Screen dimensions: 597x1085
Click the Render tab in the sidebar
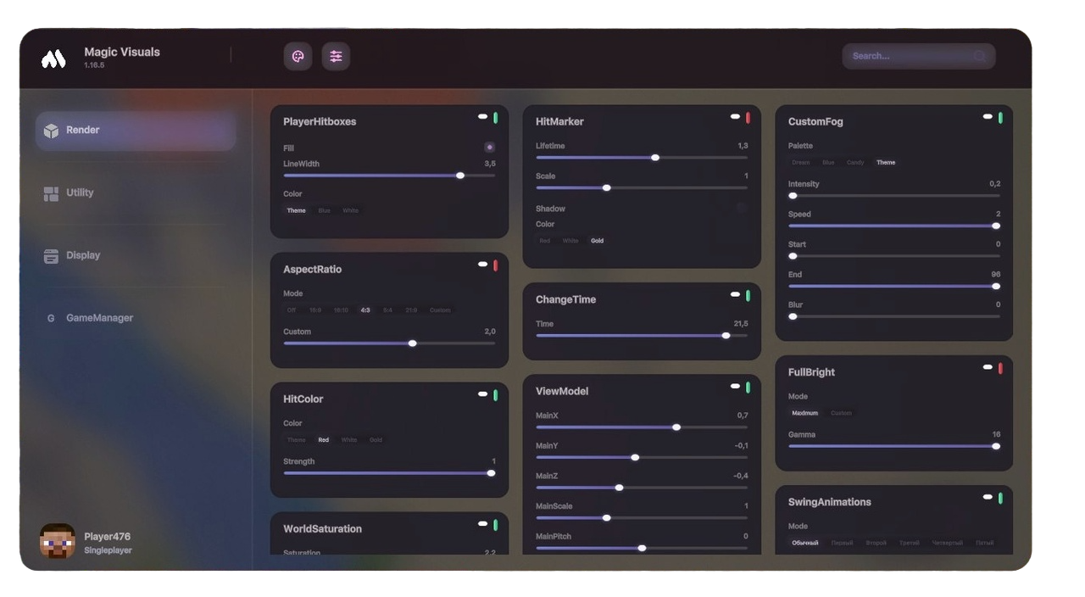[x=135, y=131]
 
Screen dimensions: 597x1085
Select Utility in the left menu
[x=80, y=193]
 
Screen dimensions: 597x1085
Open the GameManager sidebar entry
[x=99, y=318]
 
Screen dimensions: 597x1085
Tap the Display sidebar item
[x=83, y=255]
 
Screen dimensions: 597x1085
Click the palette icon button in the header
[x=298, y=57]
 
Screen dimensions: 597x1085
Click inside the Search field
[x=911, y=56]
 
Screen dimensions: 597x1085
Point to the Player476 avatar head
[x=58, y=541]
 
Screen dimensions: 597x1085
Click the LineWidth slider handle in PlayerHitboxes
[x=460, y=176]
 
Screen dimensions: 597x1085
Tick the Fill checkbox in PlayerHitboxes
[x=489, y=148]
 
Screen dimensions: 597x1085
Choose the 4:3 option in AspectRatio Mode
[x=364, y=310]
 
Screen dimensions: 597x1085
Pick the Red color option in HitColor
[x=324, y=440]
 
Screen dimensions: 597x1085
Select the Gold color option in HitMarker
[x=598, y=241]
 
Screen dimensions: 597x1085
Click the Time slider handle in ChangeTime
[x=726, y=336]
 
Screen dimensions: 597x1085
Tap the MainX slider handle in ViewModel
[x=676, y=427]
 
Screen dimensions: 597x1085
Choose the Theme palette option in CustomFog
[x=886, y=163]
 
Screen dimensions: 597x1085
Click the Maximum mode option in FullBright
[x=804, y=414]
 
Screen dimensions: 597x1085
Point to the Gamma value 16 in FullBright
[x=996, y=435]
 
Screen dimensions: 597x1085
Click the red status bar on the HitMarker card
[x=748, y=118]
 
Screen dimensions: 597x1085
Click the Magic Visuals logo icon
[x=53, y=59]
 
